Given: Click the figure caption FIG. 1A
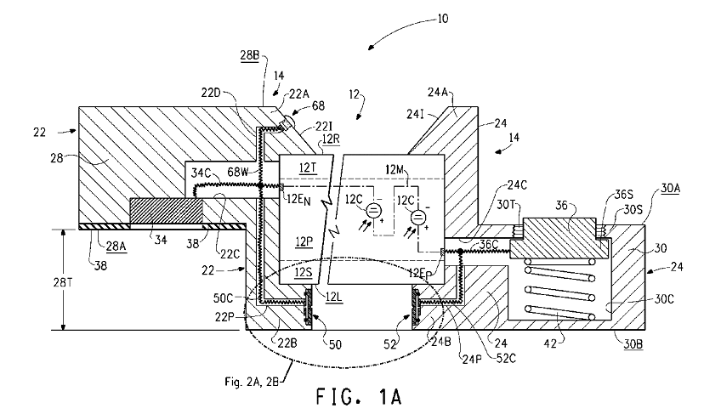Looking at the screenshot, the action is pyautogui.click(x=359, y=397).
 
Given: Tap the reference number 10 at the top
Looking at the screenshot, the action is pyautogui.click(x=442, y=19).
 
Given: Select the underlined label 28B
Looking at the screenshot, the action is pyautogui.click(x=250, y=55).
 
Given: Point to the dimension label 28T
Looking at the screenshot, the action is pyautogui.click(x=63, y=283).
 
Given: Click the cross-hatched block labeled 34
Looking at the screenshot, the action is pyautogui.click(x=166, y=213).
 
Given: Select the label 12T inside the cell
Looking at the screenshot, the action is pyautogui.click(x=308, y=168).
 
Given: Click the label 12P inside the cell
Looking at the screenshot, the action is pyautogui.click(x=304, y=242).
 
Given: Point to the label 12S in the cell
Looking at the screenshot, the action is pyautogui.click(x=304, y=273).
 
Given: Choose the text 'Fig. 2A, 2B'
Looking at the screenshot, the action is pyautogui.click(x=252, y=382).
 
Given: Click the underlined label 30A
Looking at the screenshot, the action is pyautogui.click(x=670, y=188).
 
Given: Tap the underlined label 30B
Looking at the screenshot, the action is pyautogui.click(x=633, y=344).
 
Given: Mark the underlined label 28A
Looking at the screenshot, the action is pyautogui.click(x=116, y=246).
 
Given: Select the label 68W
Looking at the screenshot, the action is pyautogui.click(x=237, y=172).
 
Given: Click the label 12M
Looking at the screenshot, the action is pyautogui.click(x=395, y=170).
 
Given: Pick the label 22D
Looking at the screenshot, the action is pyautogui.click(x=211, y=93).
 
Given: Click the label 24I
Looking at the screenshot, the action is pyautogui.click(x=415, y=115).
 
